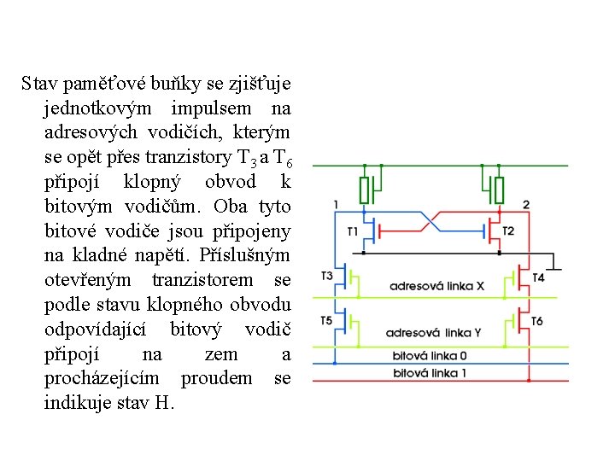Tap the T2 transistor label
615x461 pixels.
(x=508, y=231)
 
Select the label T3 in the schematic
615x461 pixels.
(x=327, y=276)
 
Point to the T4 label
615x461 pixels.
(x=538, y=277)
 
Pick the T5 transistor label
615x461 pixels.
(x=327, y=320)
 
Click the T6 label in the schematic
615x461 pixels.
(x=536, y=321)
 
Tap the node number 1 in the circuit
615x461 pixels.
(x=336, y=204)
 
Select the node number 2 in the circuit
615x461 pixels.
(x=525, y=204)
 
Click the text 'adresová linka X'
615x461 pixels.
(x=436, y=286)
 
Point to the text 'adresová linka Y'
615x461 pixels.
(x=435, y=333)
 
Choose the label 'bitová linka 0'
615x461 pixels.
(x=430, y=355)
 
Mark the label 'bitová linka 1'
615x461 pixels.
(x=430, y=372)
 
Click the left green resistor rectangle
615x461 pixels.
(x=365, y=189)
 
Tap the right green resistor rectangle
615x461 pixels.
(x=500, y=189)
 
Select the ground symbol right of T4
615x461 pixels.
(x=556, y=265)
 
